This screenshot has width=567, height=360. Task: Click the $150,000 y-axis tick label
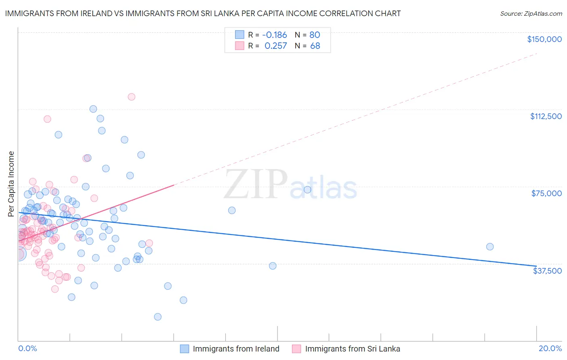click(544, 39)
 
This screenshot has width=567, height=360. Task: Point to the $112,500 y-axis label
click(546, 116)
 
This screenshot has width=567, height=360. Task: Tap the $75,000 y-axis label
click(546, 193)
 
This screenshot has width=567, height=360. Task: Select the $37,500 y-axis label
click(547, 271)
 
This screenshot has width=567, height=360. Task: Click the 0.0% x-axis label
click(27, 348)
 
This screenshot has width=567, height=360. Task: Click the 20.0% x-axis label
click(550, 348)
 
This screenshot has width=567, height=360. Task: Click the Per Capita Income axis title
click(11, 184)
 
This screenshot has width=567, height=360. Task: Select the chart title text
click(203, 13)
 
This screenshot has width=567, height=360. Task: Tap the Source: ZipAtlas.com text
click(531, 13)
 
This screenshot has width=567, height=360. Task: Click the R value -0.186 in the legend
click(274, 35)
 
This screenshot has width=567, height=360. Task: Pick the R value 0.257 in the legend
click(276, 46)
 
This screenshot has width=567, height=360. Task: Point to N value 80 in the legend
click(315, 35)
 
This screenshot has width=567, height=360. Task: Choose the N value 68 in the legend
click(315, 46)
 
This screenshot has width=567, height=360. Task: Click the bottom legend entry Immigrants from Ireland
click(236, 349)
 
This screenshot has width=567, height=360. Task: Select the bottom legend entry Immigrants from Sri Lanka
click(352, 349)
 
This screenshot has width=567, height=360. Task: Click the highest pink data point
click(131, 97)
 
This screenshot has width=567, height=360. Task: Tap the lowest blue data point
click(158, 317)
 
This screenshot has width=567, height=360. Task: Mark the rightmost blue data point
click(490, 247)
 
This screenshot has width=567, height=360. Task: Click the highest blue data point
click(93, 109)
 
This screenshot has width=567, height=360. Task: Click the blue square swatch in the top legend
click(240, 35)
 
